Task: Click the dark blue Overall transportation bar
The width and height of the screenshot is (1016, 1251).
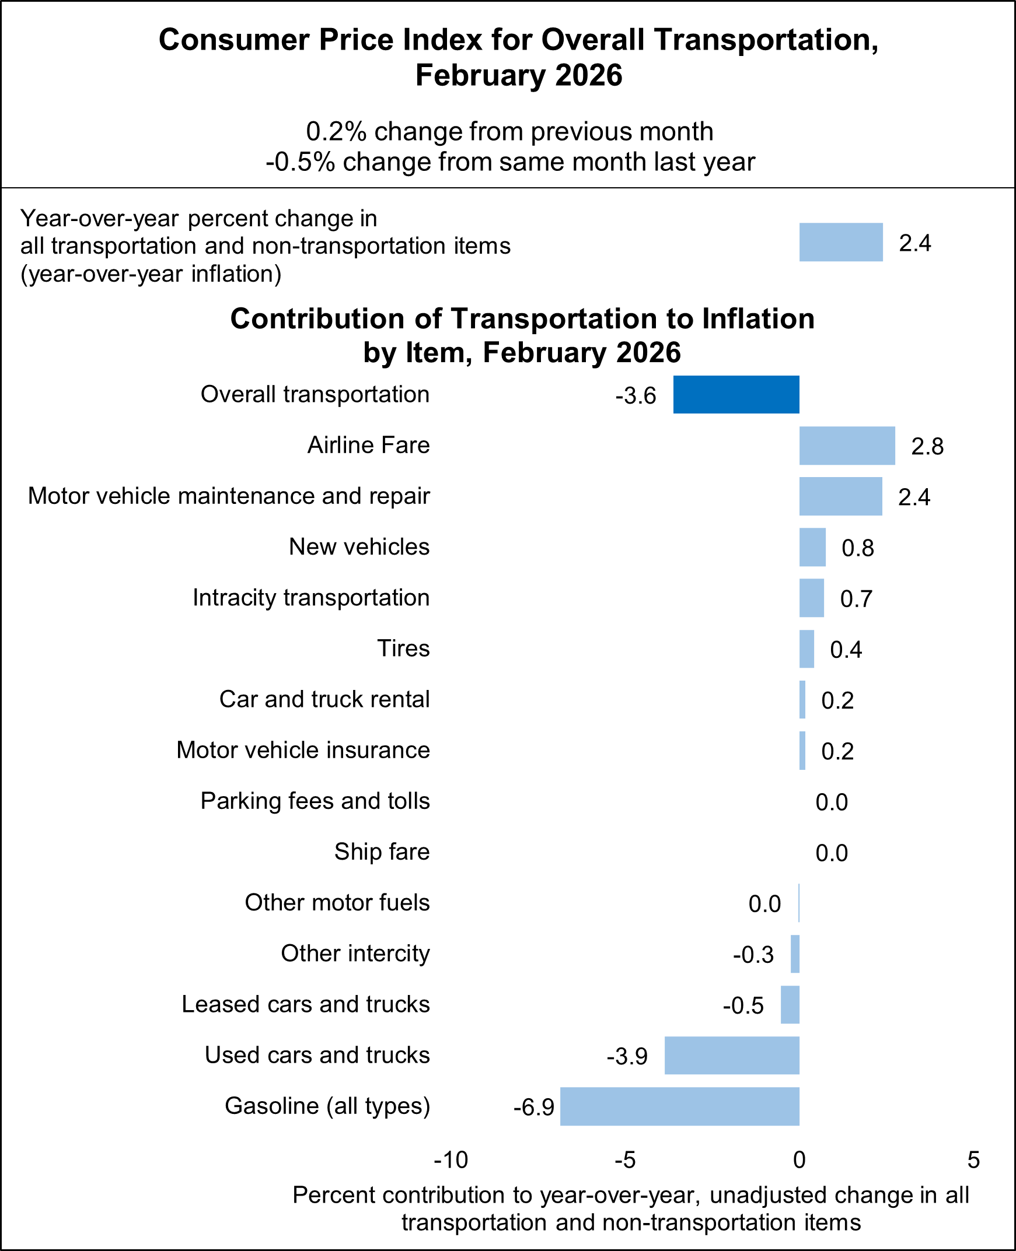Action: click(x=736, y=394)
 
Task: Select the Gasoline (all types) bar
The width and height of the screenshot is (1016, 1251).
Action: click(x=679, y=1106)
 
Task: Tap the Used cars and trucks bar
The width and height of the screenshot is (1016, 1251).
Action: click(x=732, y=1055)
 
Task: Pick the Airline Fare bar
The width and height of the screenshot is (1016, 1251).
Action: click(x=847, y=446)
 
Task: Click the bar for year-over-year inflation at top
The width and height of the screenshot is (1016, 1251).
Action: click(x=840, y=241)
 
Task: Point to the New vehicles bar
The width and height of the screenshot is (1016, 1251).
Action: click(x=812, y=547)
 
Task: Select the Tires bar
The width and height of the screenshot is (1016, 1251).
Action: click(x=806, y=649)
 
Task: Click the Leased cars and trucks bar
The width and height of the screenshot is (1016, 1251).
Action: click(x=790, y=1004)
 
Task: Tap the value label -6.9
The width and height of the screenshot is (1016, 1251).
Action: click(x=533, y=1107)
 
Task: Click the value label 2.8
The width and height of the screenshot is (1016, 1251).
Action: click(x=927, y=447)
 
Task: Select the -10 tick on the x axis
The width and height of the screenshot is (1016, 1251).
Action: click(x=451, y=1160)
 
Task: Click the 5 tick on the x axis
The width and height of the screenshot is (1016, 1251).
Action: click(x=973, y=1160)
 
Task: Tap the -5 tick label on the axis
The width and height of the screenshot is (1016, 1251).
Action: click(x=624, y=1160)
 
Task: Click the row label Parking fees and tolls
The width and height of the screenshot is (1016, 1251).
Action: click(x=315, y=801)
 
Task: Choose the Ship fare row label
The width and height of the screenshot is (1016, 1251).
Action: click(x=382, y=852)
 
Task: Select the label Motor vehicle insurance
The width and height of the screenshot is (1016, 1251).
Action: click(x=303, y=751)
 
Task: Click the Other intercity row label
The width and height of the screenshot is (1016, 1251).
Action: click(x=355, y=954)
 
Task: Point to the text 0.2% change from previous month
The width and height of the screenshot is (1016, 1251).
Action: click(x=509, y=132)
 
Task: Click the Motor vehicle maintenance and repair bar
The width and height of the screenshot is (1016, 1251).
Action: click(x=840, y=496)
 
